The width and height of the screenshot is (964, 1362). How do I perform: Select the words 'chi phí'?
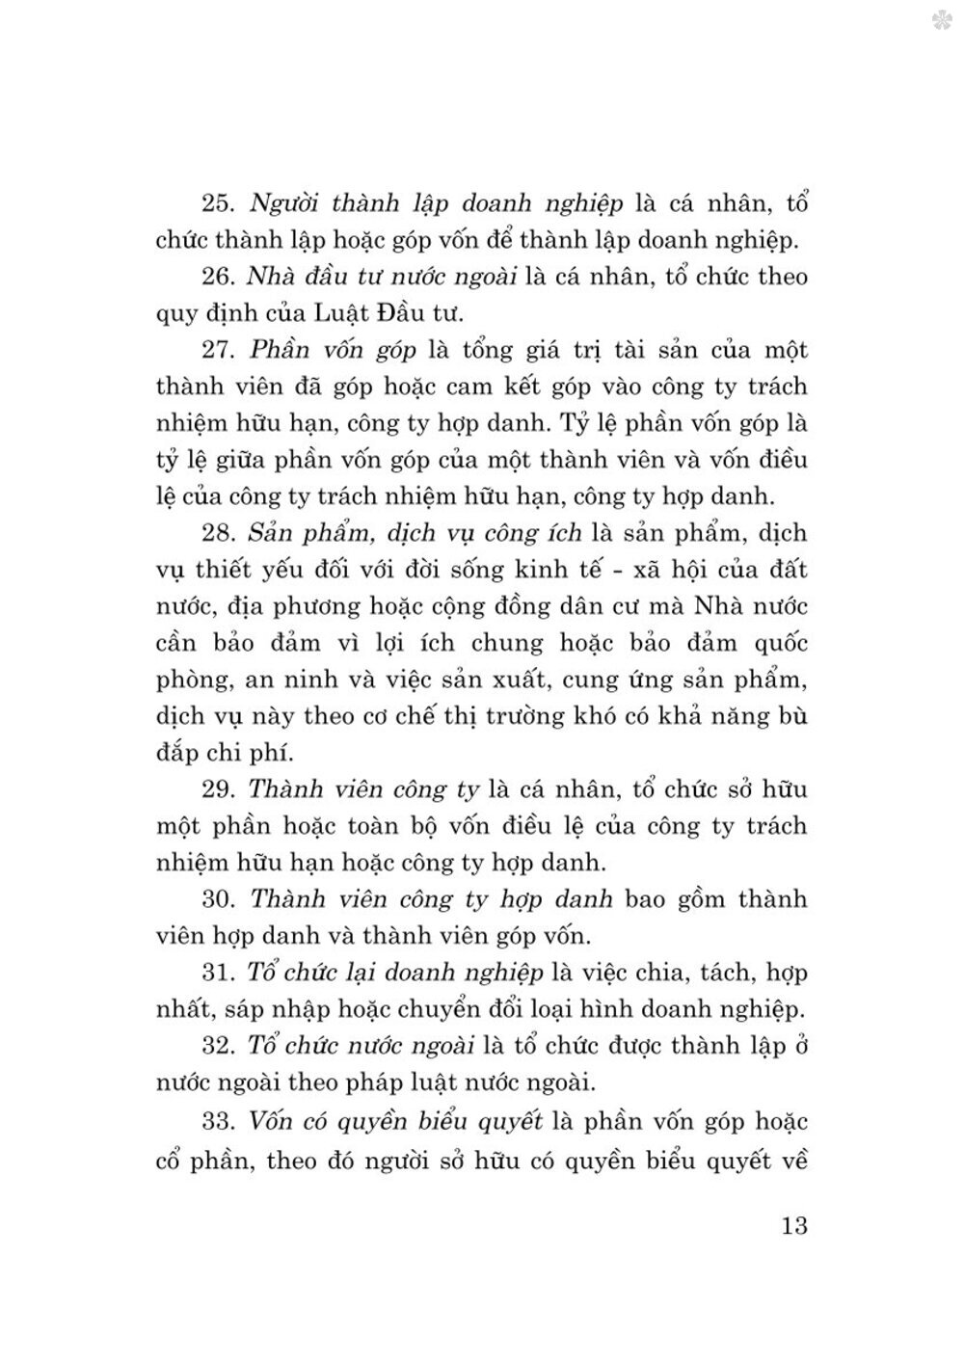tap(233, 753)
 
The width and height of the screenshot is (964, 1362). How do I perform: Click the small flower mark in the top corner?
tap(940, 21)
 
